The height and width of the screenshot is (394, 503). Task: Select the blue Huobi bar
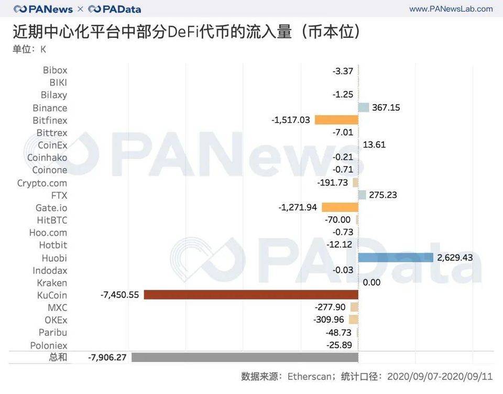tap(396, 257)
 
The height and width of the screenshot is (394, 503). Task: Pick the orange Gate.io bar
tap(340, 207)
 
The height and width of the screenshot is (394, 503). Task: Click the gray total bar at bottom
tap(245, 357)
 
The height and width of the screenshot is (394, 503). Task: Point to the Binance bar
tap(364, 107)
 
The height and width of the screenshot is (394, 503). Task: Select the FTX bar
tap(362, 195)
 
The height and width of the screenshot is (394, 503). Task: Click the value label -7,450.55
tap(119, 295)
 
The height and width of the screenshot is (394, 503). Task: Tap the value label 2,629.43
tap(455, 257)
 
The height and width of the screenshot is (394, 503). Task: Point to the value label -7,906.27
tap(107, 357)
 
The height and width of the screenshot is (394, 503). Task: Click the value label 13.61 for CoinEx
tap(374, 145)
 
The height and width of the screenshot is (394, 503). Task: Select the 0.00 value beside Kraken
tap(371, 282)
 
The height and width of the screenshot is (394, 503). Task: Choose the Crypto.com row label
tap(42, 183)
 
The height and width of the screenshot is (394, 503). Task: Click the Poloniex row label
tap(49, 345)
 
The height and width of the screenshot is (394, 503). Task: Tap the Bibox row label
tap(55, 70)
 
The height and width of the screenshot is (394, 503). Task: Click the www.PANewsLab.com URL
tap(451, 9)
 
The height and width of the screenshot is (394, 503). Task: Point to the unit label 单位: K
tap(29, 49)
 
